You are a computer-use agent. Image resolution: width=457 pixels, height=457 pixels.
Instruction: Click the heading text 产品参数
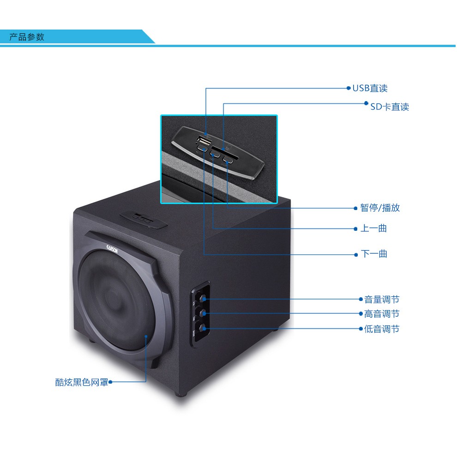[27, 37]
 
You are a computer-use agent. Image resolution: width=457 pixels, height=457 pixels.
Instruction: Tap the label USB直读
[370, 88]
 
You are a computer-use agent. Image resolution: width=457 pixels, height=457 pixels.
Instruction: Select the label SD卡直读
[390, 107]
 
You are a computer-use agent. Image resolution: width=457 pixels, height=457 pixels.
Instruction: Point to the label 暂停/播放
[380, 208]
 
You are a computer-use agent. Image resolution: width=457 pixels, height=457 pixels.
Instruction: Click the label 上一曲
[373, 228]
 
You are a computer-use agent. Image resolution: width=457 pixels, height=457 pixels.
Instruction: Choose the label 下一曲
[374, 253]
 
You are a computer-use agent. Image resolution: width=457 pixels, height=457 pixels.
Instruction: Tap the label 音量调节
[381, 300]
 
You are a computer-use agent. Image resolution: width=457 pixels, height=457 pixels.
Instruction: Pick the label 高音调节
[381, 314]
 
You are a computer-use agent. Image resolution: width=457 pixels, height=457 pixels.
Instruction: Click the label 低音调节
[381, 329]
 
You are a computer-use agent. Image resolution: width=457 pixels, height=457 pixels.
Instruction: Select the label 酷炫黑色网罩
[81, 382]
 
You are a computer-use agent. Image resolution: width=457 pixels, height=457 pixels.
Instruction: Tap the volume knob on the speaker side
[202, 298]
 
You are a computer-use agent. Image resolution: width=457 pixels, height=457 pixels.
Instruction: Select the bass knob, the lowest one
[202, 328]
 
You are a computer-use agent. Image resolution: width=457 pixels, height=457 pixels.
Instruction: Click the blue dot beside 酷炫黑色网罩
[110, 382]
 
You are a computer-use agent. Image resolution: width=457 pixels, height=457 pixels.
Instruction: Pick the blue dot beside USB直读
[349, 88]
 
